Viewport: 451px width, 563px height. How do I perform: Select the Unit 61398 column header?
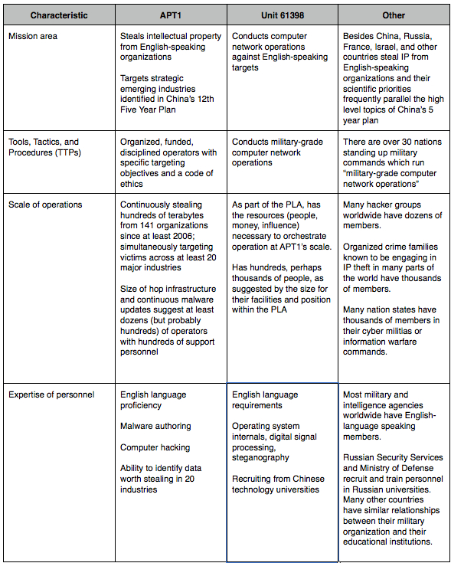pyautogui.click(x=282, y=15)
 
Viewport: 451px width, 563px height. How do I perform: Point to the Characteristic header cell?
pyautogui.click(x=59, y=15)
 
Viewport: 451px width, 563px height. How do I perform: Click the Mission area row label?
pyautogui.click(x=34, y=36)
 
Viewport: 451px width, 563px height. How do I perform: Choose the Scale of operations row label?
pyautogui.click(x=45, y=205)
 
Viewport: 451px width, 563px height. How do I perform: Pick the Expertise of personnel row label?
pyautogui.click(x=51, y=394)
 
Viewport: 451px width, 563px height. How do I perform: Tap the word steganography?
pyautogui.click(x=260, y=457)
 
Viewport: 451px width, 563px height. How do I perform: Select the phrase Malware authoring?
pyautogui.click(x=155, y=426)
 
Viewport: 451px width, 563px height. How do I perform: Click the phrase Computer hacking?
pyautogui.click(x=155, y=447)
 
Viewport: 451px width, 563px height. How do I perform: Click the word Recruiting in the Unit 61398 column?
pyautogui.click(x=253, y=479)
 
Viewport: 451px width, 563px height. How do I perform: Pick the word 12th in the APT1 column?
pyautogui.click(x=205, y=100)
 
